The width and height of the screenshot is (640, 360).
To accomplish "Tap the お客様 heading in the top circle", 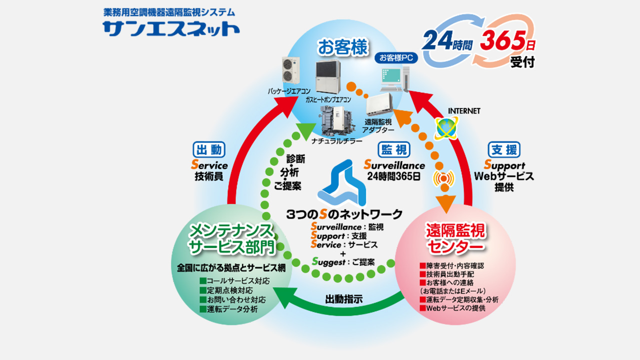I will [340, 49].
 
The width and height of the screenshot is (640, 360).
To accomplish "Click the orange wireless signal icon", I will [443, 178].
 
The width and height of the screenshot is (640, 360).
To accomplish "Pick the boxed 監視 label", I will [394, 149].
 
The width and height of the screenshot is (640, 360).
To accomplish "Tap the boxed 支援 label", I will [503, 149].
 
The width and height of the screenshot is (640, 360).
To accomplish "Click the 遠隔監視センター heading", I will [455, 238].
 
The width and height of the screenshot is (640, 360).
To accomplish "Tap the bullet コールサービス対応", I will [231, 280].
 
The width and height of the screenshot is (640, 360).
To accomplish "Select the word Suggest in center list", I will [328, 261].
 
